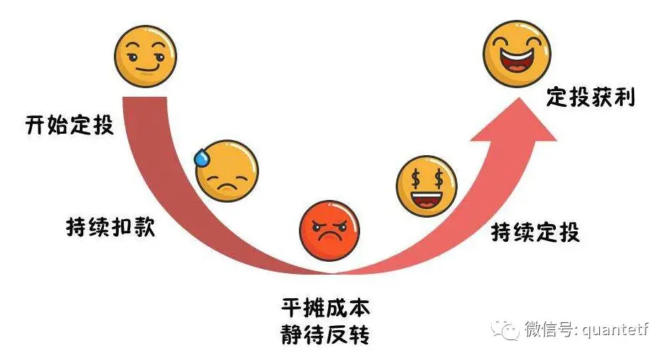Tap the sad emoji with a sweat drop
coord(226,171)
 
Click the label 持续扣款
coord(109,228)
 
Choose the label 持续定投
coord(535,232)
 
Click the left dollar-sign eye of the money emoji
coord(415,178)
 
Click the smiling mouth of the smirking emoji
coord(147,69)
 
